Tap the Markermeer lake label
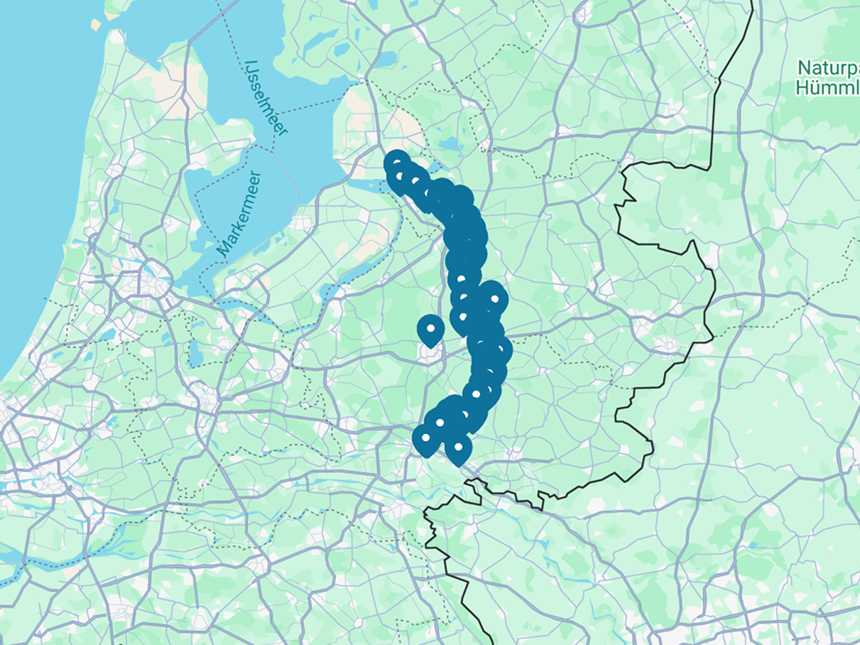point(239,213)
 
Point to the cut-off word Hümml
point(828,88)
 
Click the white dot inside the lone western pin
point(430,328)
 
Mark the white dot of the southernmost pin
point(459,448)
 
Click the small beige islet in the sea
point(96,24)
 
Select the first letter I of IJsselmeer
point(249,65)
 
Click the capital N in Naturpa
point(804,68)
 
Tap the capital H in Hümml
point(802,88)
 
